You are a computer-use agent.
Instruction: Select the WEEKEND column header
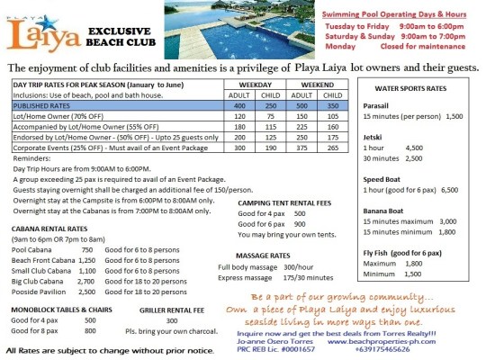(310, 83)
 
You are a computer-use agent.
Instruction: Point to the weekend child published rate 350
(330, 105)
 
